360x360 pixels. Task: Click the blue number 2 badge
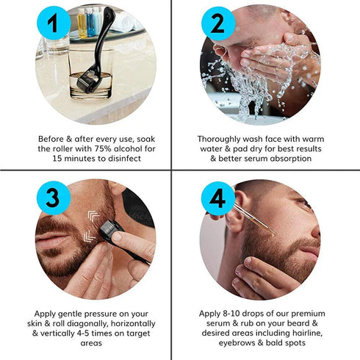click(x=217, y=25)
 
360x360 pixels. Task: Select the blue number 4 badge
click(x=217, y=198)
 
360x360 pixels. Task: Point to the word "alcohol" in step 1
click(x=129, y=148)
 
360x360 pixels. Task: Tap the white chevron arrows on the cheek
click(x=90, y=224)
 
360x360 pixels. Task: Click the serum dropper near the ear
click(x=253, y=220)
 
